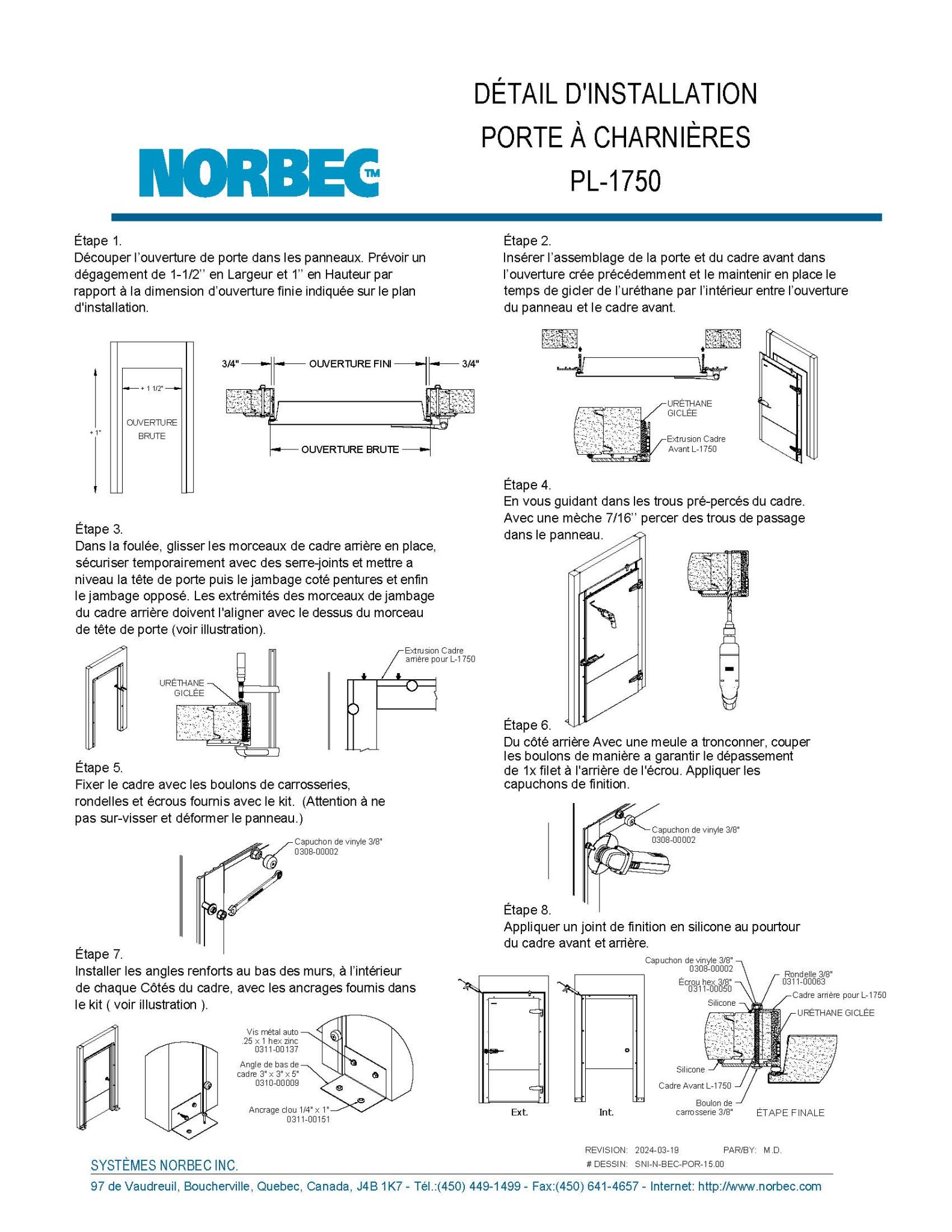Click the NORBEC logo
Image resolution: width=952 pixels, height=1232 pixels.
259,173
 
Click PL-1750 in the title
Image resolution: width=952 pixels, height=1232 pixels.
615,181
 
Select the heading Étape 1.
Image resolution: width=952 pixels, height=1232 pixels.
97,241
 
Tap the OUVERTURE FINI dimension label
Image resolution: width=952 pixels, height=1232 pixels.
350,363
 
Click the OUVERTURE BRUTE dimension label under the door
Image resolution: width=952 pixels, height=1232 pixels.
350,449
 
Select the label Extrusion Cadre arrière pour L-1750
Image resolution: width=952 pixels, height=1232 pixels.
439,654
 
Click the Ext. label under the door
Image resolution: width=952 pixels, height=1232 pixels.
519,1112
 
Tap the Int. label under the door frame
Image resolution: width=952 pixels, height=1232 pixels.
606,1112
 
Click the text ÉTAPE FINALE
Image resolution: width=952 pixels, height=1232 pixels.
790,1113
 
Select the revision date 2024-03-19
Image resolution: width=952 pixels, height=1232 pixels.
657,1150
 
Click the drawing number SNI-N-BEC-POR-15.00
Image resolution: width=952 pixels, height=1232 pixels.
679,1163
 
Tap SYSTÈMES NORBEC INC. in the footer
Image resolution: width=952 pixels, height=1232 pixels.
164,1165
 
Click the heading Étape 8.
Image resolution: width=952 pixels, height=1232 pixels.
527,910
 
